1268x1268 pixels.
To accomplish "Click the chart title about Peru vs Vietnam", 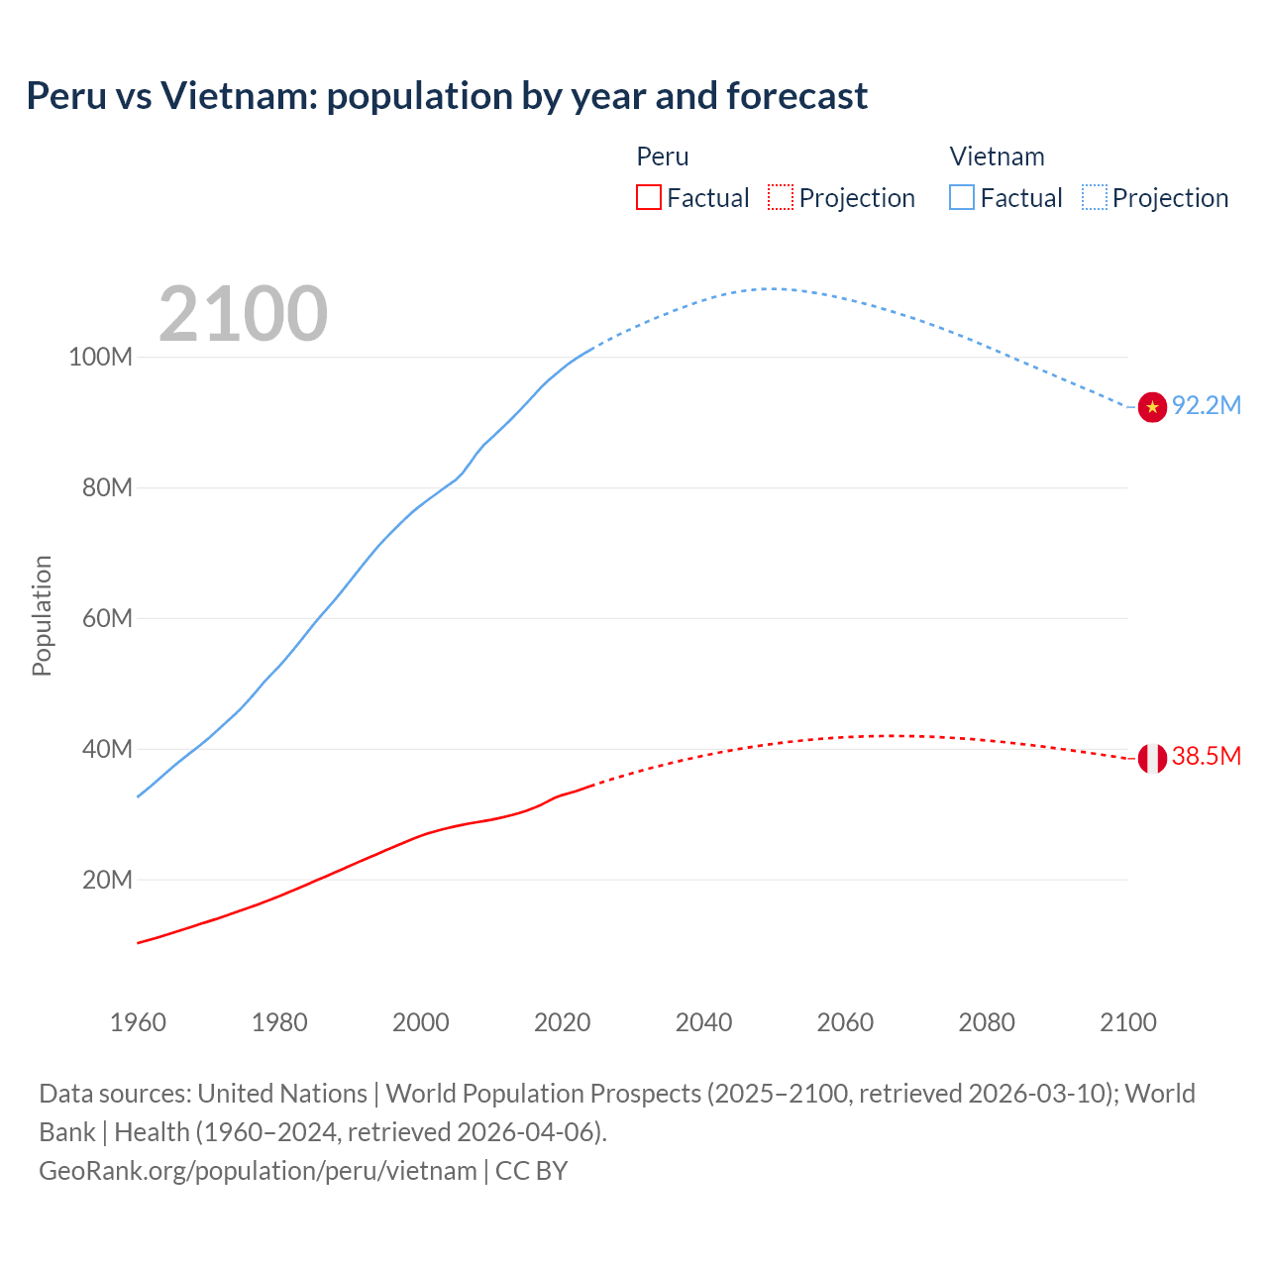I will coord(447,96).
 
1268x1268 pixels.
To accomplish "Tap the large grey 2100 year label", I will coord(243,314).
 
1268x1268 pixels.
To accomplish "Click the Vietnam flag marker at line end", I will coord(1152,406).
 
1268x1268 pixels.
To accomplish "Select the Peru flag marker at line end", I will coord(1152,758).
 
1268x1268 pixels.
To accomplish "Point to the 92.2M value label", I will coord(1207,406).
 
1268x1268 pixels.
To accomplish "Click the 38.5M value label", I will coord(1207,757).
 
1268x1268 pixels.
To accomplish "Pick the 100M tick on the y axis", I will coord(100,358).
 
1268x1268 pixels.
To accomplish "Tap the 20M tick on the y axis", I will coord(106,881).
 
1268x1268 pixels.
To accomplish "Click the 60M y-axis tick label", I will coord(106,619).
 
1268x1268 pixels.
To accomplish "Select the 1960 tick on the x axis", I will coord(138,1022).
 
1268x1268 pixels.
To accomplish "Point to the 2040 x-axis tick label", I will coord(703,1022).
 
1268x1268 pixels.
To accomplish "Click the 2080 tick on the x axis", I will coord(987,1022).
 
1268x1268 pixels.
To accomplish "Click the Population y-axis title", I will coord(42,615).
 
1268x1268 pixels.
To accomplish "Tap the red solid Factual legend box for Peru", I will coord(649,198).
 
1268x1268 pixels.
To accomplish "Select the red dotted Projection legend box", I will coord(781,198).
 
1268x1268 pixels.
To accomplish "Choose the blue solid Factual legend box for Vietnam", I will coord(962,198).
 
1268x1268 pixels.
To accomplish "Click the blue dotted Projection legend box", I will coord(1094,198).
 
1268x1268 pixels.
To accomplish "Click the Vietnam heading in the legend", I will coord(997,157).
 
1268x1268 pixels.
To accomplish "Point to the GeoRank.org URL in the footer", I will coord(258,1171).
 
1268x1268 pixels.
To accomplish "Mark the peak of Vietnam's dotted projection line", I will coord(771,288).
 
